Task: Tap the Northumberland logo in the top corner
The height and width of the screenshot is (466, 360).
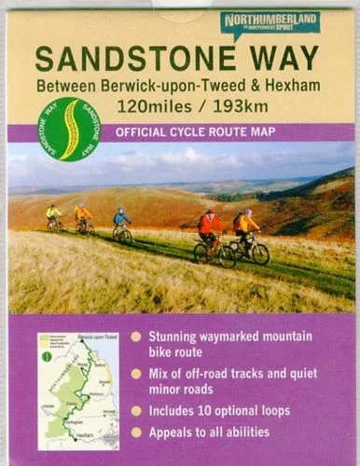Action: [270, 21]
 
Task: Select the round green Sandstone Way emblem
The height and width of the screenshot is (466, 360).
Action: [67, 129]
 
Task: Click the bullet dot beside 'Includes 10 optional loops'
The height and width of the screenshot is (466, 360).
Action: [137, 410]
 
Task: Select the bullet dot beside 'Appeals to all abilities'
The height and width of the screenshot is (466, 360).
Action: [137, 432]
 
